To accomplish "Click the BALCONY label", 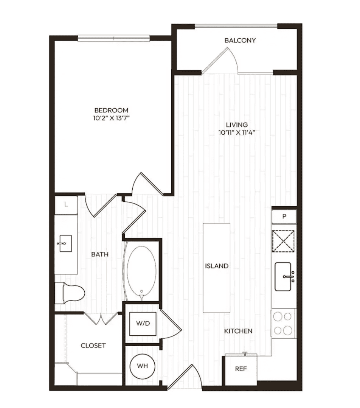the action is [240, 40].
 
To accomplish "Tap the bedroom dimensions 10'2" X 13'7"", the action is [111, 118].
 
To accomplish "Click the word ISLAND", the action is [217, 266].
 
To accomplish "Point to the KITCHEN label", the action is [238, 331].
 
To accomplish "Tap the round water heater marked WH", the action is [143, 366].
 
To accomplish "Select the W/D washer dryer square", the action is [143, 324].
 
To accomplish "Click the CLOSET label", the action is [93, 346].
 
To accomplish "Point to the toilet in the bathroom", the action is [70, 293].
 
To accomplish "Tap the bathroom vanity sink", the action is [65, 244].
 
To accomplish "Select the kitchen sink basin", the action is [283, 277].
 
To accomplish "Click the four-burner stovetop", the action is [283, 324].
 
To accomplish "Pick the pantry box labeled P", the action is [284, 216].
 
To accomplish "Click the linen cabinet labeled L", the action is [66, 205].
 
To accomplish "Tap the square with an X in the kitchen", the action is [283, 241].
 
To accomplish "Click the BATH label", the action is [100, 254].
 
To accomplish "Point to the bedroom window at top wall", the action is [113, 38].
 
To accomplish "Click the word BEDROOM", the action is [111, 111].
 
